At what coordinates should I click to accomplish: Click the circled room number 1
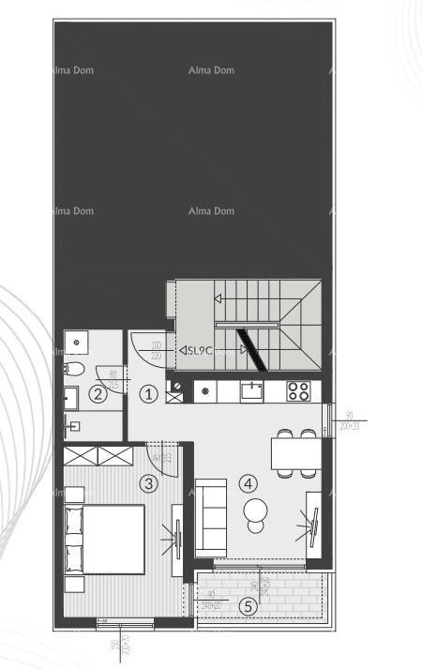[148, 394]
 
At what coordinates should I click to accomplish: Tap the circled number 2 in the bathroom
[98, 394]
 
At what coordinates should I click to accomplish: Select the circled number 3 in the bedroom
[147, 484]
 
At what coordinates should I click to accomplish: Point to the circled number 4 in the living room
[248, 484]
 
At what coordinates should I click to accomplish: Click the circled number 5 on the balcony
[248, 606]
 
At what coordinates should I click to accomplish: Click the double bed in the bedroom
[105, 539]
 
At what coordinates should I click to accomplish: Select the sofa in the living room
[210, 517]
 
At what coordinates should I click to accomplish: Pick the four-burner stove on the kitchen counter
[298, 390]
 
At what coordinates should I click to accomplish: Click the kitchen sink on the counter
[251, 390]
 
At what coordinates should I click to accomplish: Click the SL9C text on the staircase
[200, 351]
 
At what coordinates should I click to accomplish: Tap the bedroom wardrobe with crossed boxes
[98, 456]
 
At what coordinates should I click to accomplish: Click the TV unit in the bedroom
[174, 539]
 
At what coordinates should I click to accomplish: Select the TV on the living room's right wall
[314, 528]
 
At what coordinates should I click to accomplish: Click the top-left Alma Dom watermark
[72, 70]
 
